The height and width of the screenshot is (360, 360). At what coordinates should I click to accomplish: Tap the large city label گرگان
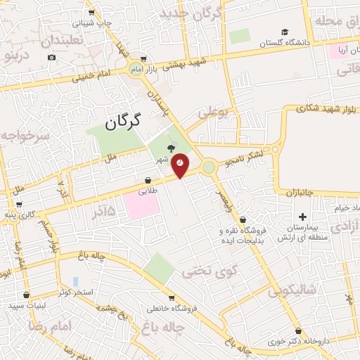coord(122,121)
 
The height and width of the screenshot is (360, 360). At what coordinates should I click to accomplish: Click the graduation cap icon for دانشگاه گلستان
coord(285,32)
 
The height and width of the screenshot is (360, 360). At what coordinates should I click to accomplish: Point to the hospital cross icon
coord(303,217)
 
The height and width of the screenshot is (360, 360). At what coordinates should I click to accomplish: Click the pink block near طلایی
coord(141,205)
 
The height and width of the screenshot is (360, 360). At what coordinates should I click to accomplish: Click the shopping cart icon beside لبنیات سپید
coord(27,295)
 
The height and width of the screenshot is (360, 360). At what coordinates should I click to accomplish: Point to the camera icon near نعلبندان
coord(51,56)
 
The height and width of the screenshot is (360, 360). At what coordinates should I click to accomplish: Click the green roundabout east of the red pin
coord(209,167)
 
